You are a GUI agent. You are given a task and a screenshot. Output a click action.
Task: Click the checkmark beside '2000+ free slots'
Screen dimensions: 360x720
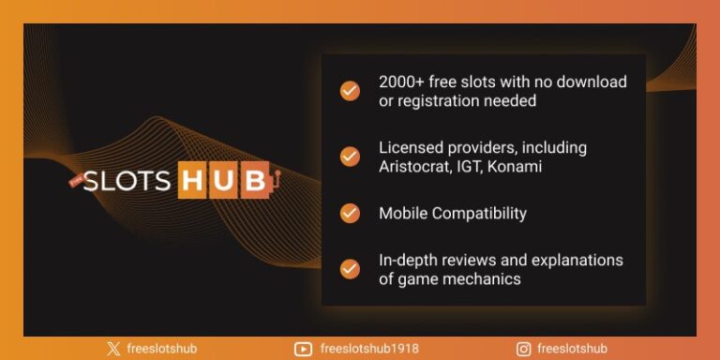(x=350, y=91)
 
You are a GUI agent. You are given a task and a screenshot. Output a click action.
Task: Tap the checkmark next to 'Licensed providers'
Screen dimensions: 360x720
(x=350, y=157)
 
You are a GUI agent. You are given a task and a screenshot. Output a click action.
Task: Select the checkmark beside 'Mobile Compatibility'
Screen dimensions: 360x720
(x=350, y=213)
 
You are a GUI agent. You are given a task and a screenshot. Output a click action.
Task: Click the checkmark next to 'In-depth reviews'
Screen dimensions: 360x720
(x=350, y=269)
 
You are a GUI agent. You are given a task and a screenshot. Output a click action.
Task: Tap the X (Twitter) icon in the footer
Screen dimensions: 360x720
(x=113, y=349)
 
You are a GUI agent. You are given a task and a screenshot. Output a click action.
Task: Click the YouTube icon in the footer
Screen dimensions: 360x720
(x=303, y=349)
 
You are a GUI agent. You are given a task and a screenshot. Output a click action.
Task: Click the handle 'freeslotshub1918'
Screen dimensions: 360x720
(x=371, y=349)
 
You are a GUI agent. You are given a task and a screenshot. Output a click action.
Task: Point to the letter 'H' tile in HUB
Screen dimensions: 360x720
(x=192, y=181)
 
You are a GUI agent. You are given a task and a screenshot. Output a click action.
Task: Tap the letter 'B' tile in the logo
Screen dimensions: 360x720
(x=254, y=181)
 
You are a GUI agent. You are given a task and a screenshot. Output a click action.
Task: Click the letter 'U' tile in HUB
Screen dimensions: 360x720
(x=223, y=181)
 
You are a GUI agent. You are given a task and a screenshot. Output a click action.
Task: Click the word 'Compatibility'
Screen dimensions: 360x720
(x=479, y=213)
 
